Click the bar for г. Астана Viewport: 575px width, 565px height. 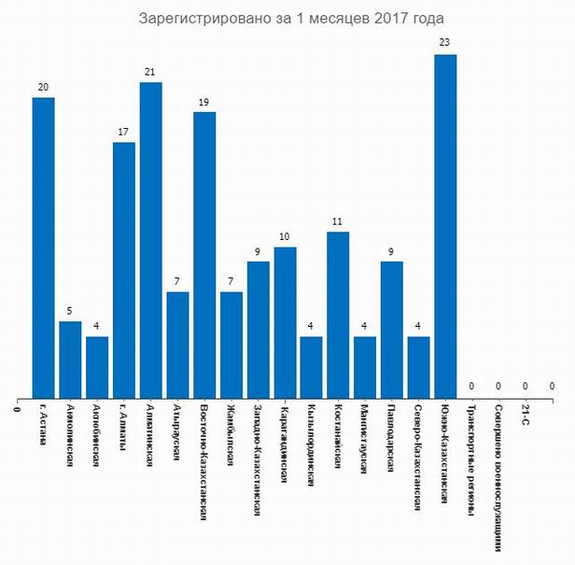pyautogui.click(x=43, y=247)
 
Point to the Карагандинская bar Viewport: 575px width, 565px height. pyautogui.click(x=285, y=322)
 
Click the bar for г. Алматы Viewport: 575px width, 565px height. pyautogui.click(x=123, y=270)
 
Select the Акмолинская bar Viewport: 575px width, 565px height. pyautogui.click(x=70, y=360)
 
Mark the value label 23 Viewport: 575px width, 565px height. pyautogui.click(x=445, y=42)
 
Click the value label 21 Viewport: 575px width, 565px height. pyautogui.click(x=150, y=71)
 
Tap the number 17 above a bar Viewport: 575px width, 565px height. pyautogui.click(x=123, y=131)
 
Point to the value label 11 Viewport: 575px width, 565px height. pyautogui.click(x=338, y=220)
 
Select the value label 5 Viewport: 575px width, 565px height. pyautogui.click(x=70, y=310)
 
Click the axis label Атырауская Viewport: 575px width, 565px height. pyautogui.click(x=177, y=433)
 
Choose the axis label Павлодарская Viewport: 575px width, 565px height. pyautogui.click(x=392, y=439)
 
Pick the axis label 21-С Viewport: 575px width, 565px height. pyautogui.click(x=526, y=417)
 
